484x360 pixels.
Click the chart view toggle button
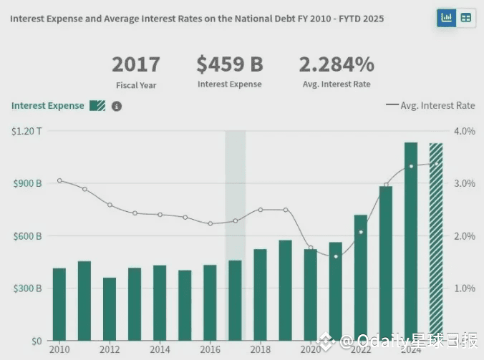point(447,17)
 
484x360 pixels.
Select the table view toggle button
point(466,17)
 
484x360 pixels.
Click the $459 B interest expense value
point(230,64)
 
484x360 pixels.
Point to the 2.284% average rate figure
point(337,64)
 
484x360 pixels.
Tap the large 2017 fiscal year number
point(136,64)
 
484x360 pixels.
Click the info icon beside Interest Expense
point(117,106)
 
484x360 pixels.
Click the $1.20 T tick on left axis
point(27,131)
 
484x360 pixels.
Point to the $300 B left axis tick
point(27,288)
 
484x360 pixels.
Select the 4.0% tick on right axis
point(465,131)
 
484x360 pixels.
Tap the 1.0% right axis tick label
point(465,288)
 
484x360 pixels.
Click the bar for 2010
point(59,304)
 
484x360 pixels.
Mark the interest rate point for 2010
point(59,180)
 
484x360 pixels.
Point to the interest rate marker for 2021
point(336,256)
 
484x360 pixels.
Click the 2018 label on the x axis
point(260,349)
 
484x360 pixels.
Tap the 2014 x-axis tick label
point(160,349)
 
